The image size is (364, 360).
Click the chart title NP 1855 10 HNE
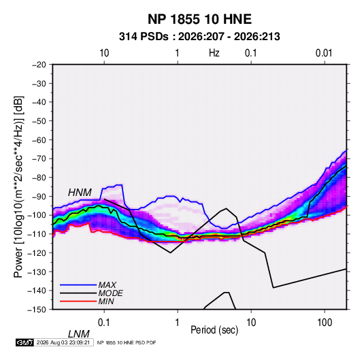(x=199, y=19)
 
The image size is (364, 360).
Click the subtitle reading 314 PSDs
(x=144, y=37)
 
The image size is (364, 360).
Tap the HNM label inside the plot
(x=80, y=193)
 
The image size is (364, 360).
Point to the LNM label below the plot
(x=79, y=334)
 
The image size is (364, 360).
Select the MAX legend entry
(x=107, y=284)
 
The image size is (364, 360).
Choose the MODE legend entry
(x=110, y=293)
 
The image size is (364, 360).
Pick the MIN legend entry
(x=106, y=301)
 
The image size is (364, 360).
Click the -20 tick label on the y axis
(x=39, y=65)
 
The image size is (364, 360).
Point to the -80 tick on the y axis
(x=39, y=178)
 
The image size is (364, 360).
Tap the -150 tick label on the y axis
(x=37, y=310)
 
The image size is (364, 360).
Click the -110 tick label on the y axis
(x=37, y=234)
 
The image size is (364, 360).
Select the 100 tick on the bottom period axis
(x=325, y=323)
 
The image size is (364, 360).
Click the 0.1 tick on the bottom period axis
(x=104, y=323)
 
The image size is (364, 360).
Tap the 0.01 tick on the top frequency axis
(x=324, y=53)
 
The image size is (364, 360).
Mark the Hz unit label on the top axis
(x=214, y=53)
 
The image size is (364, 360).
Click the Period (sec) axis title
(x=214, y=330)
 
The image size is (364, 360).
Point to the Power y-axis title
(x=18, y=186)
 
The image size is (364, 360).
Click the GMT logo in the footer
(x=25, y=342)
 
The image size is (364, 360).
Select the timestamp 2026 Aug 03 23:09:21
(x=63, y=342)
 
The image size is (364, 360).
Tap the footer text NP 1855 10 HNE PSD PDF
(x=127, y=342)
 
